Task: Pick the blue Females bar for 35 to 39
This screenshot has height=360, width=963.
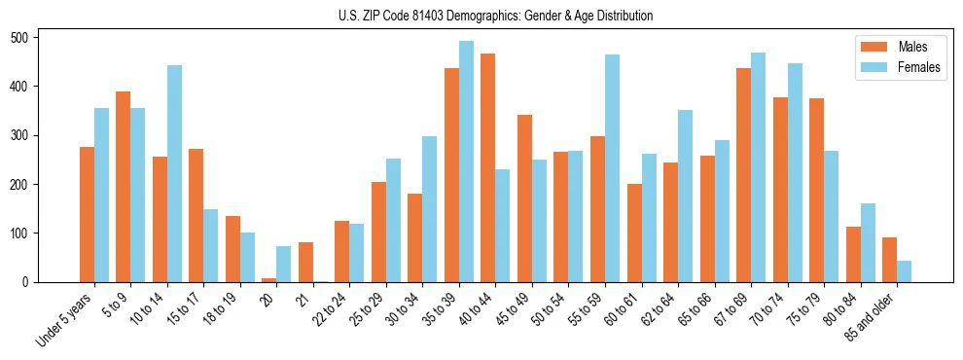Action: [x=466, y=162]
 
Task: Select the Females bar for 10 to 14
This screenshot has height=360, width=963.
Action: [x=174, y=173]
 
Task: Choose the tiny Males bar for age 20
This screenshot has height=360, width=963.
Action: [x=269, y=279]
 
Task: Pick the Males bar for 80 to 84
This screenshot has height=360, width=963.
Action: [x=853, y=254]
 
